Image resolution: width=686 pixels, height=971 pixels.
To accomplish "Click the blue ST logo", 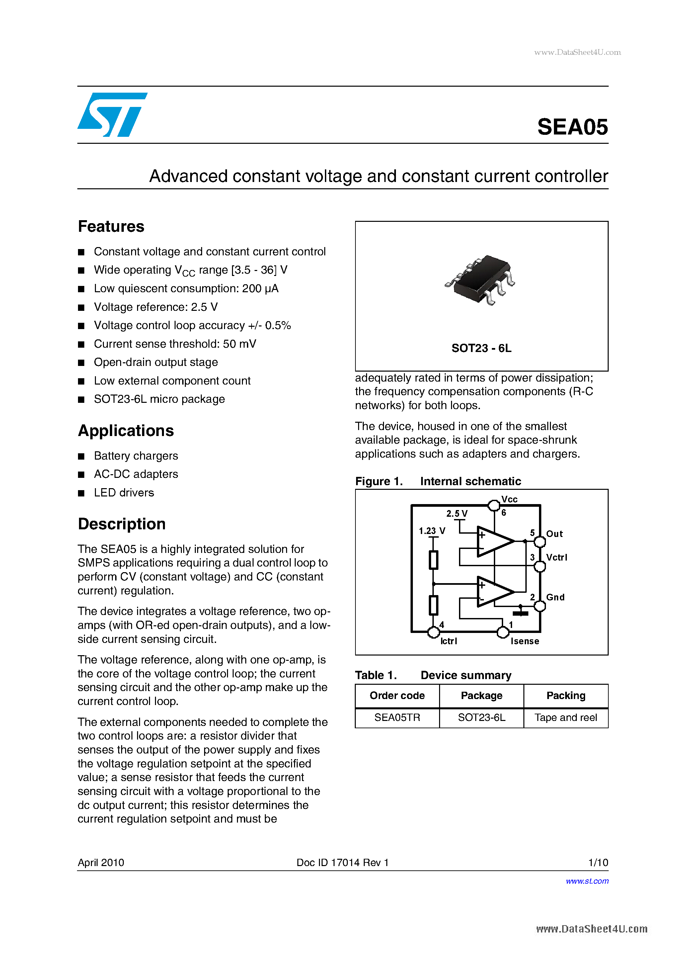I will (x=112, y=115).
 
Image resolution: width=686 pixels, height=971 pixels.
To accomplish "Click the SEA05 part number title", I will (x=572, y=127).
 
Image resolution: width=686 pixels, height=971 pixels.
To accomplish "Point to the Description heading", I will (x=122, y=524).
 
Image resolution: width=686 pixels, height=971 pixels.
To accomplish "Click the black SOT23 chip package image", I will (x=481, y=279).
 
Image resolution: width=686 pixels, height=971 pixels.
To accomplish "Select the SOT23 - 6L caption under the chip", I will (x=481, y=348).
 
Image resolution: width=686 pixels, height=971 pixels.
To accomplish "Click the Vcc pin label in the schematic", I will (x=509, y=499).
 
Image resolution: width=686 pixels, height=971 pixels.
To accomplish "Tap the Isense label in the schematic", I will (x=524, y=641).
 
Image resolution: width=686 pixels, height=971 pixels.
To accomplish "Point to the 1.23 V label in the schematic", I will (x=431, y=531).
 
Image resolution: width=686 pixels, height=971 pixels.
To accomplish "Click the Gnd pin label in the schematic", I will (x=555, y=597).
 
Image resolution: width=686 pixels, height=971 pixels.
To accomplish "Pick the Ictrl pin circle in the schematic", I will (x=433, y=632).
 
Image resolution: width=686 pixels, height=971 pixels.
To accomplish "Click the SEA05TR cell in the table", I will (x=397, y=718).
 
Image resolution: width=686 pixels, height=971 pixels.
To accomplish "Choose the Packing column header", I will (x=566, y=696).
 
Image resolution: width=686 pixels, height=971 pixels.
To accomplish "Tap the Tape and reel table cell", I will (x=566, y=718).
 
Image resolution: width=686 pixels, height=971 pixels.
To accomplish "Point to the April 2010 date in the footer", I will (x=101, y=862).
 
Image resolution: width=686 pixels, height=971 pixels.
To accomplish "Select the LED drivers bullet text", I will (x=124, y=493).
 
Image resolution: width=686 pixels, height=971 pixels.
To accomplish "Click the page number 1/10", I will (x=598, y=862).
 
